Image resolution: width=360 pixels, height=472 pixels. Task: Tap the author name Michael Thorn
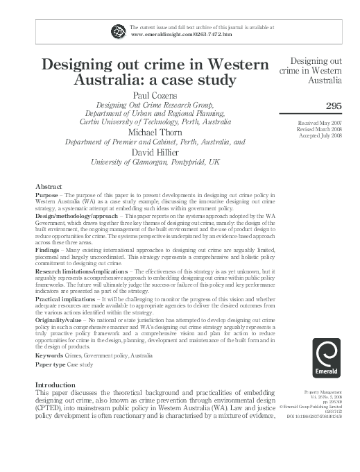(155, 132)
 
